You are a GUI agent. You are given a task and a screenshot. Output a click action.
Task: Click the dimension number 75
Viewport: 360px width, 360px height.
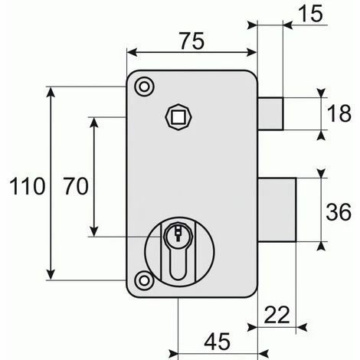tap(192, 41)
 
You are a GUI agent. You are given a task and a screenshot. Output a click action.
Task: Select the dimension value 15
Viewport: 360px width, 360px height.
tap(310, 14)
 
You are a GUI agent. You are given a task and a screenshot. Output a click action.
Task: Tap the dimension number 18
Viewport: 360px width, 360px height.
tap(339, 113)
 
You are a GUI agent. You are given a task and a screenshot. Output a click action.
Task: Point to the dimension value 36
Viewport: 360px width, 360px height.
tap(339, 212)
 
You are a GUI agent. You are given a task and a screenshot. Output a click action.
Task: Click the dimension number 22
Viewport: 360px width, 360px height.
tap(277, 315)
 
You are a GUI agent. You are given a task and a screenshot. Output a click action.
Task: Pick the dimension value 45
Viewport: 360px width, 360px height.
tap(218, 342)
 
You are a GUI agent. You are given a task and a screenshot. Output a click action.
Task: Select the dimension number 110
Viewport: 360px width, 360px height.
tap(28, 186)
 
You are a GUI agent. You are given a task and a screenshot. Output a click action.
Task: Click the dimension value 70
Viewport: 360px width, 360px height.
tap(76, 186)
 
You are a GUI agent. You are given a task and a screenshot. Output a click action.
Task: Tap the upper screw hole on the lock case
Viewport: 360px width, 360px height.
tap(145, 87)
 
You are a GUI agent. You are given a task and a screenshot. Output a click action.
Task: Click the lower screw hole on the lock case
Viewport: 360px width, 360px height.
tap(145, 280)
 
